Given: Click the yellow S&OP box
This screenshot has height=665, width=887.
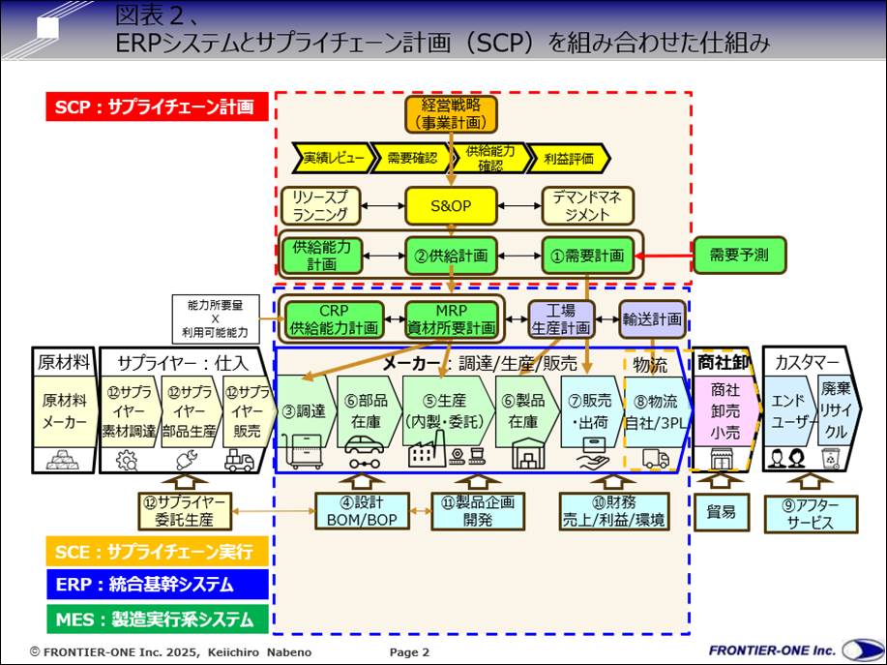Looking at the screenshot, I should coord(451,205).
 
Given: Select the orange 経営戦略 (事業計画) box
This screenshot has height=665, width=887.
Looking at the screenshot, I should coord(451,114).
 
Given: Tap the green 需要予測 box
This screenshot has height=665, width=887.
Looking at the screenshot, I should coord(739,255).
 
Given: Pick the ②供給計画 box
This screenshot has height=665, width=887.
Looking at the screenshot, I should coord(451,255).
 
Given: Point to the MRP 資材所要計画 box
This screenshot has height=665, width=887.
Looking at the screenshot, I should coord(452,318).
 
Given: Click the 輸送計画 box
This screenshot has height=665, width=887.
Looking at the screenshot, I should coord(652,317).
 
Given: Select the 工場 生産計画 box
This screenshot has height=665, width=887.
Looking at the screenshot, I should coord(561,318).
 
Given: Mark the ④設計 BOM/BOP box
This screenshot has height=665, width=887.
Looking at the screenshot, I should coord(363,511).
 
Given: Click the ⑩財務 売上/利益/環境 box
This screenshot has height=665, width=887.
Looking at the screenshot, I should coord(614,511).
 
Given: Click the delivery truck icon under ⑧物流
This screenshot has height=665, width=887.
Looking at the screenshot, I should coord(656,459).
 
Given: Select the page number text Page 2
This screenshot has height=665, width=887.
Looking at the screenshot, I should coord(409,652).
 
